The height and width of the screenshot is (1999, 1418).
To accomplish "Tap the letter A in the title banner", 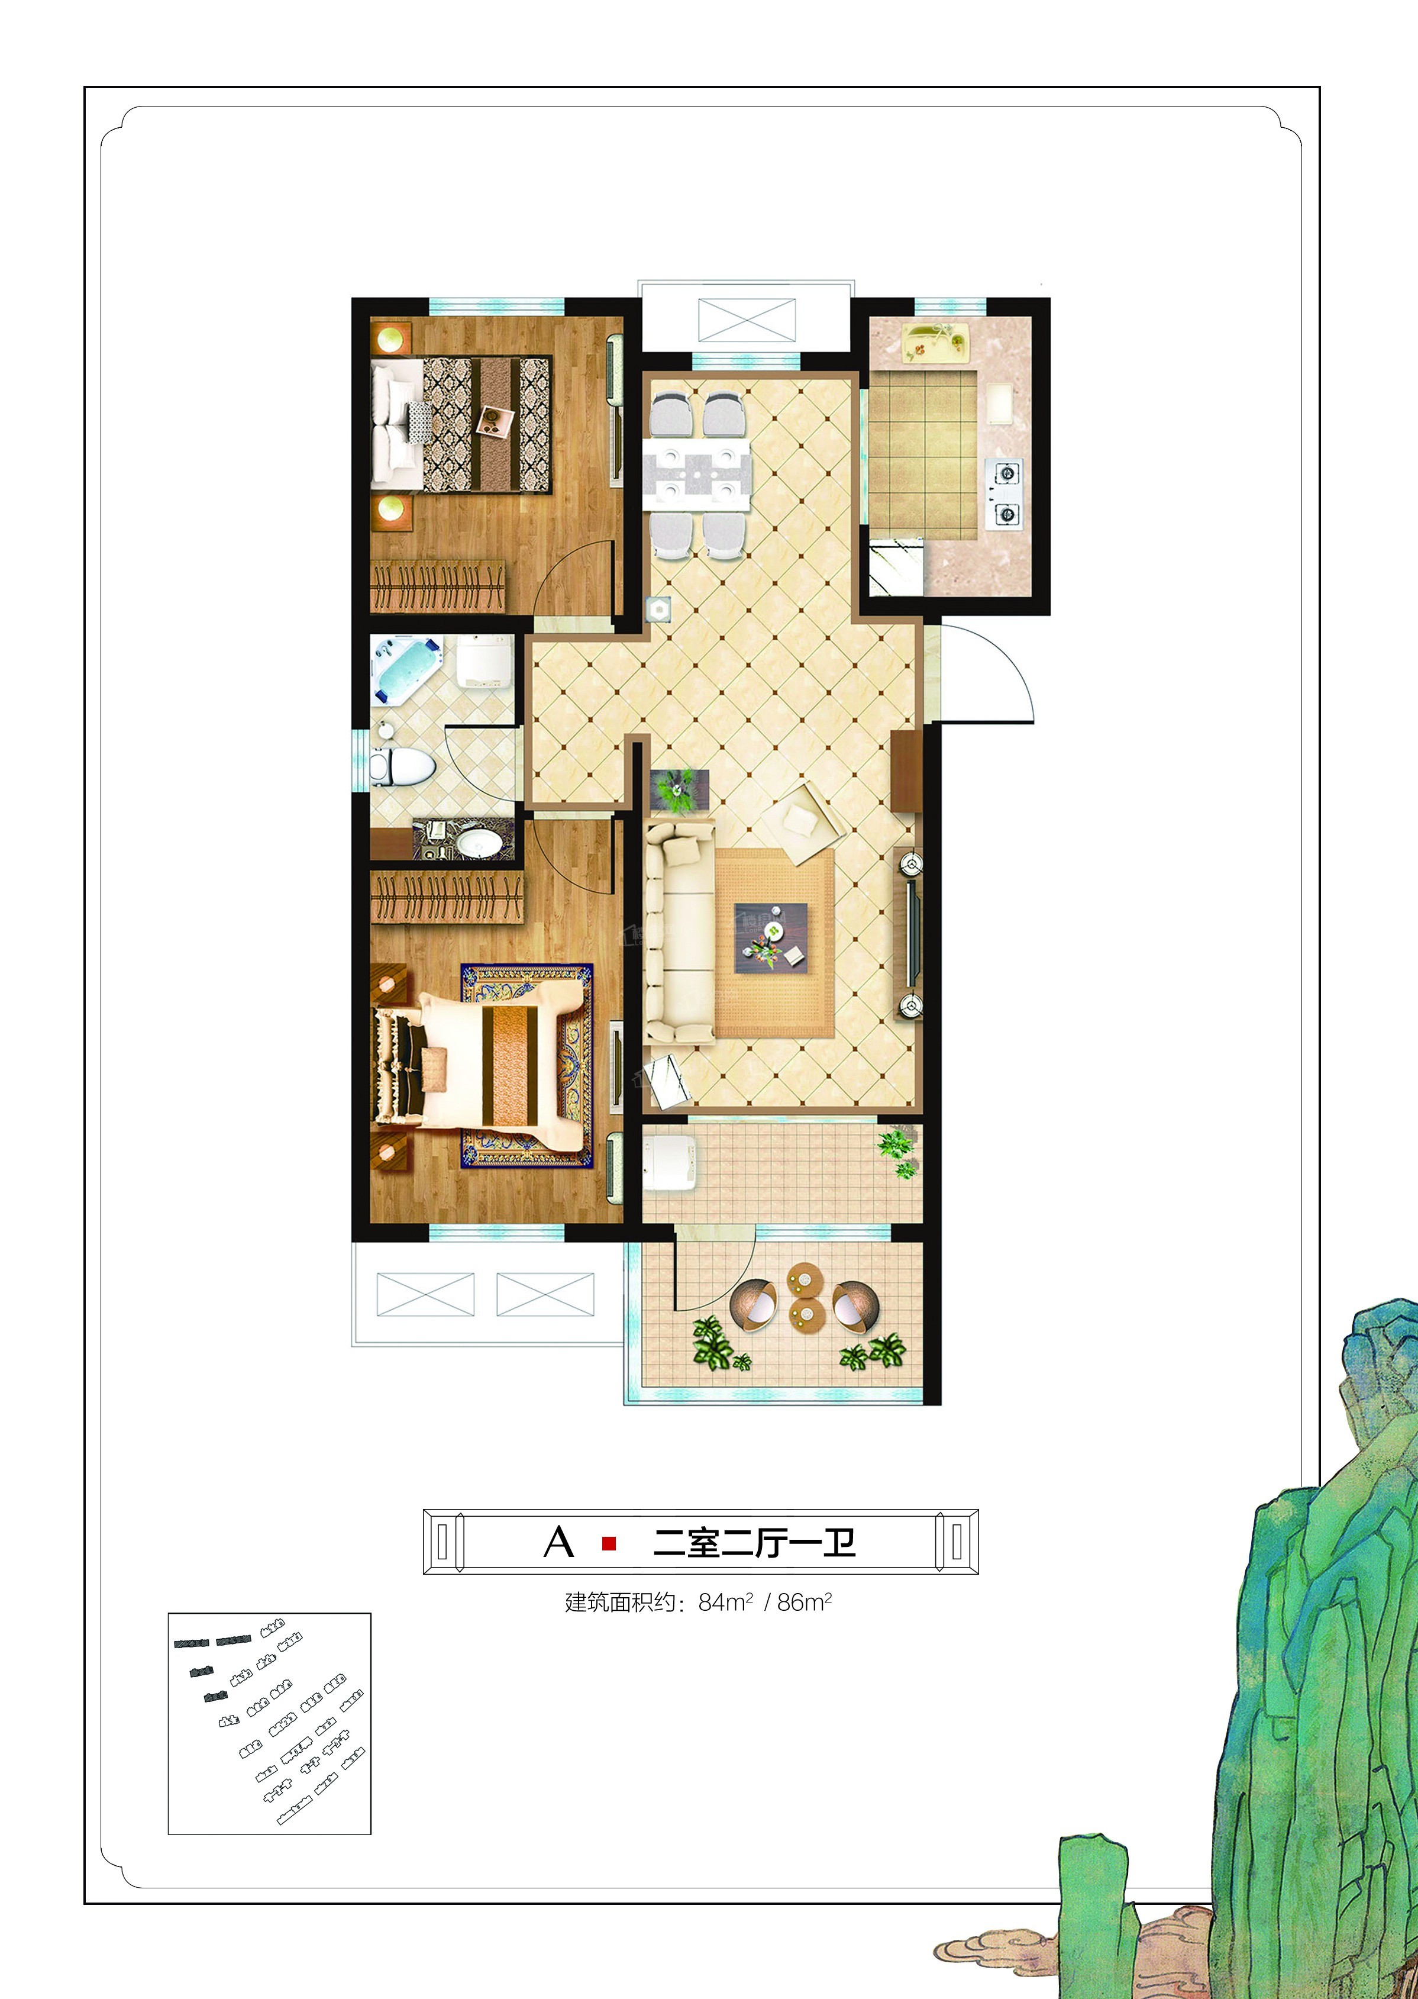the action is pyautogui.click(x=559, y=1543).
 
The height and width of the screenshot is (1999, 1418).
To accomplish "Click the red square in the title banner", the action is pyautogui.click(x=609, y=1544).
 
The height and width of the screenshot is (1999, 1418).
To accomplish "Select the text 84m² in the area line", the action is pyautogui.click(x=725, y=1602).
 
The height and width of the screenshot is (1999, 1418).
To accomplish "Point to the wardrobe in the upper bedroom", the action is pyautogui.click(x=437, y=585).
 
